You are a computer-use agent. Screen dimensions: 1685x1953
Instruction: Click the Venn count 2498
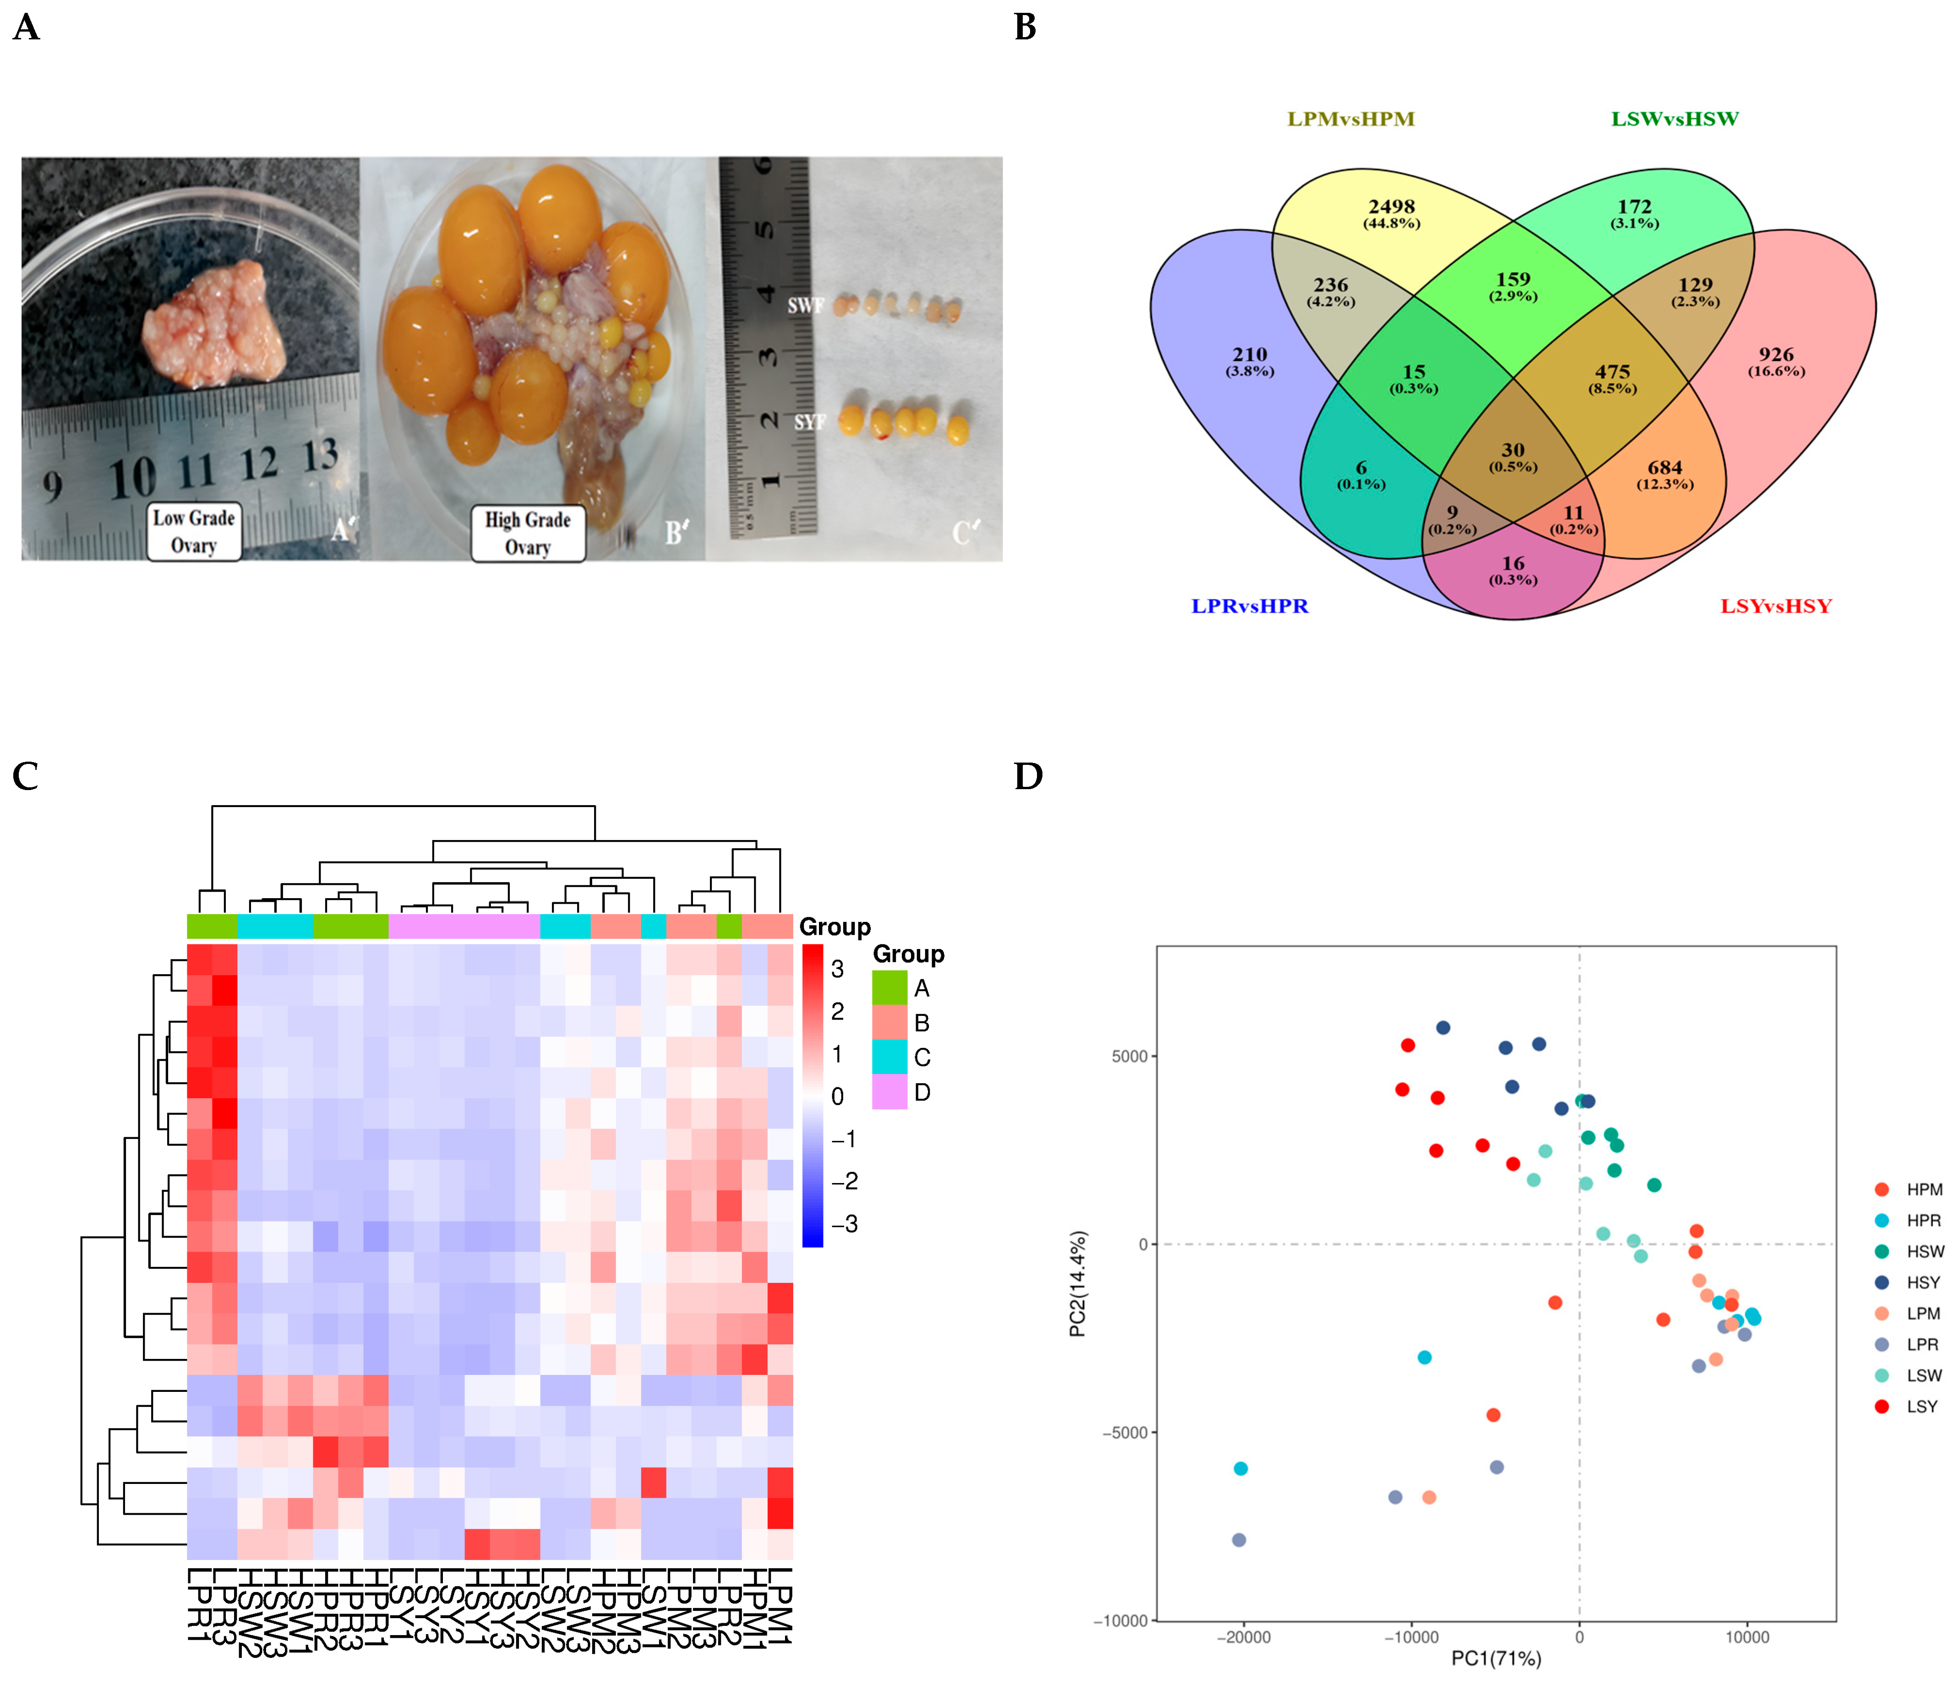(1391, 207)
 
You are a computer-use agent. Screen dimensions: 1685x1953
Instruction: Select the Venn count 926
(1776, 354)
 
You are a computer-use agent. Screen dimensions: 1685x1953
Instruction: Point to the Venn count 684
(1664, 468)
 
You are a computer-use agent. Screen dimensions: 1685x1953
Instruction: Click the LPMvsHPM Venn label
(1351, 119)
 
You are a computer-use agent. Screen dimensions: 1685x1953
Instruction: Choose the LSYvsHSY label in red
(1776, 606)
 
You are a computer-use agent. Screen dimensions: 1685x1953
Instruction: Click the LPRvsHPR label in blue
(1250, 606)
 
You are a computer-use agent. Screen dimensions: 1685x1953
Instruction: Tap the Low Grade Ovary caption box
(194, 531)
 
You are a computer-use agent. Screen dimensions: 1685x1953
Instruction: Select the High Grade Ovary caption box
(528, 534)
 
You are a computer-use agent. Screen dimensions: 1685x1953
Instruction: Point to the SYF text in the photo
(809, 422)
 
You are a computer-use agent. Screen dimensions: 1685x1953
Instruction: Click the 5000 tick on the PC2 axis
(1129, 1057)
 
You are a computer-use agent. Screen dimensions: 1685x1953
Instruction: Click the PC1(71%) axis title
(1496, 1658)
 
